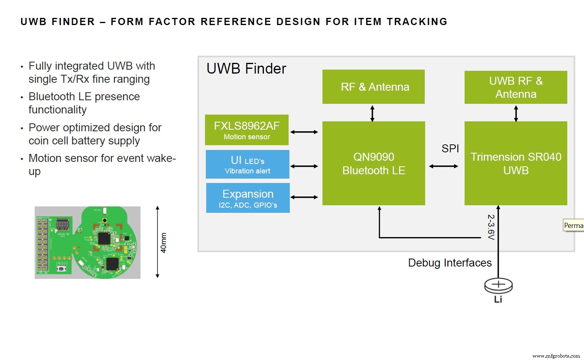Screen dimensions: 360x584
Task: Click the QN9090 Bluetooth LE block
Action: (x=373, y=163)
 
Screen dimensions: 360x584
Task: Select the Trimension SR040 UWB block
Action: (x=516, y=163)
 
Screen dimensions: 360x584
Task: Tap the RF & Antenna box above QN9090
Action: (x=373, y=87)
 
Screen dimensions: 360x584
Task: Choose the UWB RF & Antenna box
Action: (x=516, y=87)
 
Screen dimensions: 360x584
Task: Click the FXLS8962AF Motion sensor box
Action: (x=246, y=130)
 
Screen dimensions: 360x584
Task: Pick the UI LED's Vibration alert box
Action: (x=247, y=164)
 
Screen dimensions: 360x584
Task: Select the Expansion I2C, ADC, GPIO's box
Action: (x=248, y=198)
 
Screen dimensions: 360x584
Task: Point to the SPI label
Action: (x=450, y=148)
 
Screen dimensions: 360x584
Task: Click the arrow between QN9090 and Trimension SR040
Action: (x=443, y=166)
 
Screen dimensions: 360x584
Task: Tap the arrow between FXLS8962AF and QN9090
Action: (x=304, y=132)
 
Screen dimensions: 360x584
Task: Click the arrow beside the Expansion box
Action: (x=304, y=197)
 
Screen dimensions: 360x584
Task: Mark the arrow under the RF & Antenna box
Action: (x=372, y=113)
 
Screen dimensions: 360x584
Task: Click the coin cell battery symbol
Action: (x=498, y=285)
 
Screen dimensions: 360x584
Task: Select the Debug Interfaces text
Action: (x=450, y=263)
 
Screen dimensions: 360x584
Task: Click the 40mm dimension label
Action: (x=163, y=243)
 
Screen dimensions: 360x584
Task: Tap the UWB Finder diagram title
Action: (x=246, y=69)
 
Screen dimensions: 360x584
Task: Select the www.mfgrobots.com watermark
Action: (x=556, y=356)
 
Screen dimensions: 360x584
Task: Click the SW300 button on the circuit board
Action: (x=61, y=269)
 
